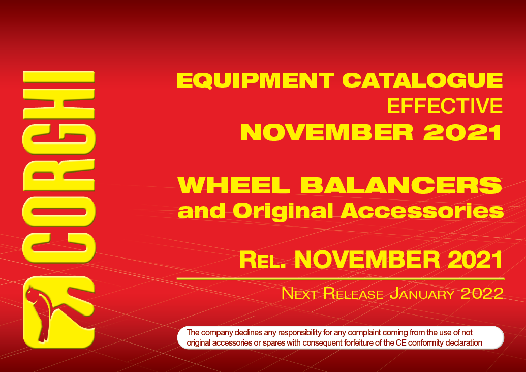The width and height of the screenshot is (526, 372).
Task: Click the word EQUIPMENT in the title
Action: (x=256, y=80)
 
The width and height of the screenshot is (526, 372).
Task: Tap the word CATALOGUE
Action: (x=422, y=80)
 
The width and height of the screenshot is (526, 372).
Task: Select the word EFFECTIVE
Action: (x=445, y=106)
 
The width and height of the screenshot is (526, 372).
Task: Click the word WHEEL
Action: (x=233, y=185)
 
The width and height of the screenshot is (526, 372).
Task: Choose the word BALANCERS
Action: (x=401, y=185)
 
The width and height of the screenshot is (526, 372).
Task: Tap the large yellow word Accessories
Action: (x=422, y=211)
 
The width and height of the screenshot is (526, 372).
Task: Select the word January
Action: (x=422, y=293)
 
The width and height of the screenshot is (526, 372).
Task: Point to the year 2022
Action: (x=482, y=293)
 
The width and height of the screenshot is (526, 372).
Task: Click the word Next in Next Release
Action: (x=299, y=293)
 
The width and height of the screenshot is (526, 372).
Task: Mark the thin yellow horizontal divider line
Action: (x=341, y=279)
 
